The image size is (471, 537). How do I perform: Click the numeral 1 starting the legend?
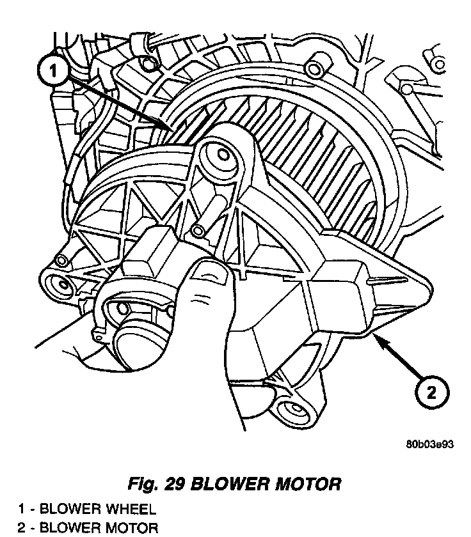[20, 510]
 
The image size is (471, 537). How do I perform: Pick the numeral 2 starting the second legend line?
[20, 528]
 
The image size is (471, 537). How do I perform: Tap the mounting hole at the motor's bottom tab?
[295, 410]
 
